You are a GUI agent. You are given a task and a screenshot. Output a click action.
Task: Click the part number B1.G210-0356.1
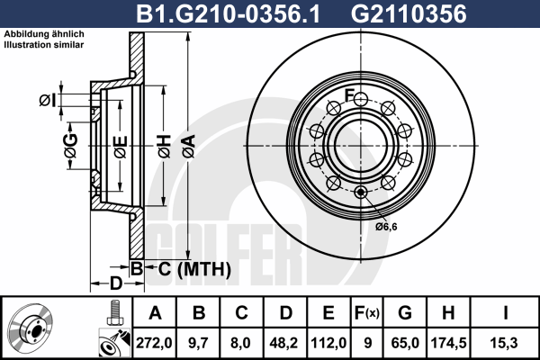coord(228,13)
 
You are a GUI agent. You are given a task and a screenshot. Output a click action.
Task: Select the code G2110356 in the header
coord(409,13)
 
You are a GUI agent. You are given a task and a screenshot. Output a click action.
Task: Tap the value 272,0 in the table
coord(154,343)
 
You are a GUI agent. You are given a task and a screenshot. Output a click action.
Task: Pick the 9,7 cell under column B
coord(198,343)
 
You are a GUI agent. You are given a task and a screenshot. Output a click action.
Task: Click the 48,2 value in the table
coord(284,343)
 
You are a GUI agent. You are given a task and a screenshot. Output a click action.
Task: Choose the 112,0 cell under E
coord(328,343)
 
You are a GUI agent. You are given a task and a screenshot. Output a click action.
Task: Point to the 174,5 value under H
coord(449,343)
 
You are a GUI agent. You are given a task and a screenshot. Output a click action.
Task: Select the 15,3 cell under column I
coord(505,343)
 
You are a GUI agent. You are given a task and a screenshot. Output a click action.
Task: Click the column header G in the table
coord(405,313)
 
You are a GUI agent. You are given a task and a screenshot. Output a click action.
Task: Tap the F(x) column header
coord(367,313)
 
